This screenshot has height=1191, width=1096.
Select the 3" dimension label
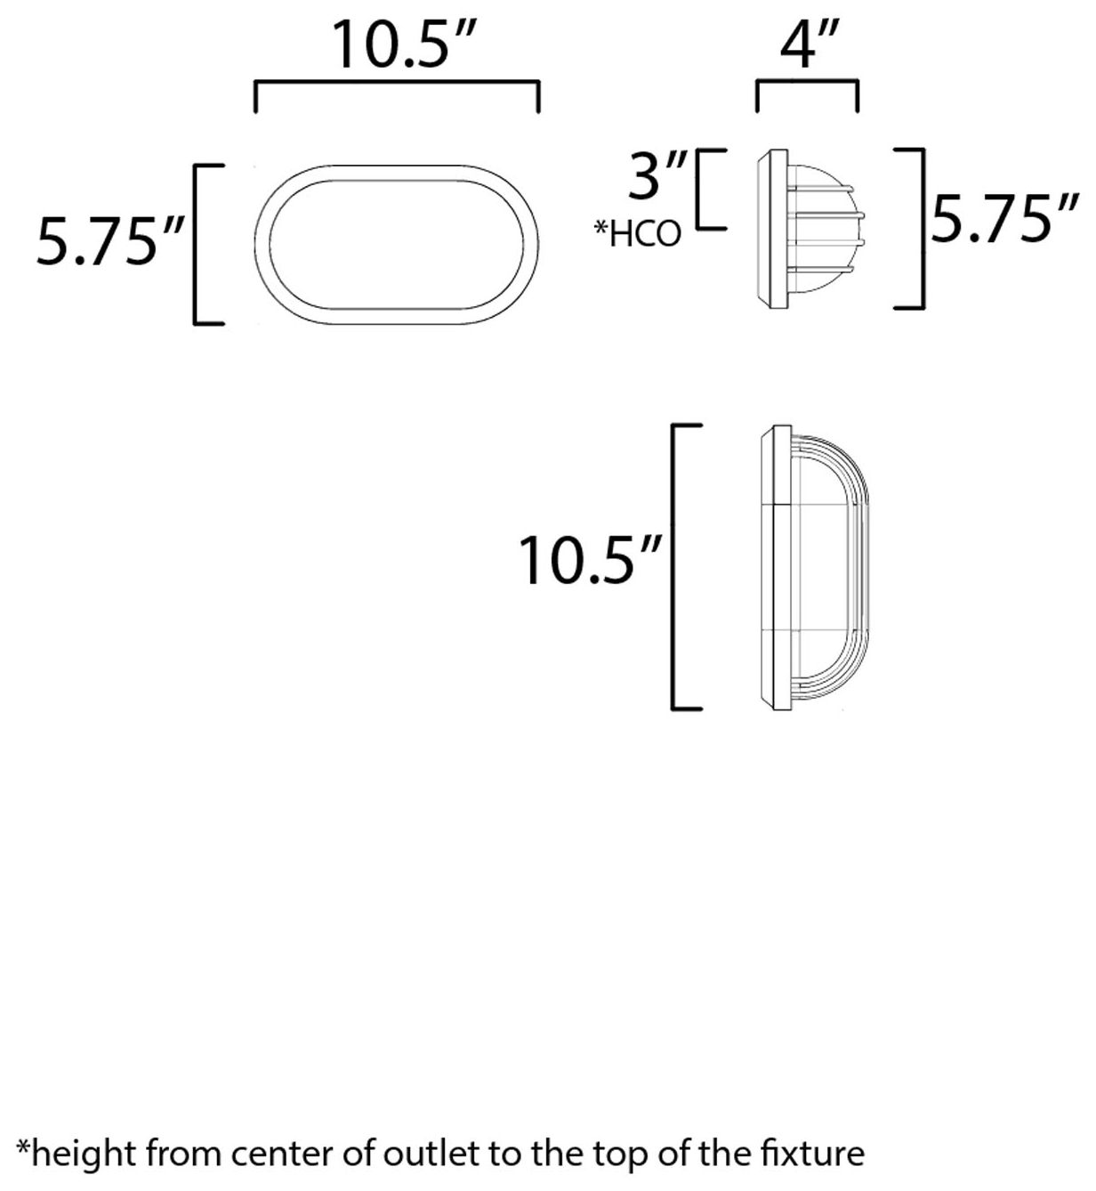click(x=657, y=175)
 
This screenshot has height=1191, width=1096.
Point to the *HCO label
click(x=638, y=234)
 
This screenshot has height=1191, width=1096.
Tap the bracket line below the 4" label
click(x=806, y=85)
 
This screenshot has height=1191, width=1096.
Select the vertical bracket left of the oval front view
click(x=197, y=244)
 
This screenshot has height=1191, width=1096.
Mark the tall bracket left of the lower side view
click(x=675, y=567)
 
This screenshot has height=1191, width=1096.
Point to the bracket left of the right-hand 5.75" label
click(x=923, y=229)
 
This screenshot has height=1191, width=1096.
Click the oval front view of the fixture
click(x=397, y=244)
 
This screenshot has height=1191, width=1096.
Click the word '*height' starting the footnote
click(x=74, y=1155)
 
